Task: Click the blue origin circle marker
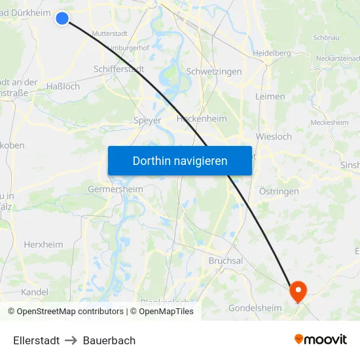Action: tap(62, 18)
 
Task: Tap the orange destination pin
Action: tap(298, 291)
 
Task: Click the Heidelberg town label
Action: tap(272, 53)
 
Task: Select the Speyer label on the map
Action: tap(147, 120)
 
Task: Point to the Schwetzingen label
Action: tap(214, 71)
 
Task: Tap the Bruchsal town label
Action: tap(225, 261)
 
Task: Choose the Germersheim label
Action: tap(115, 189)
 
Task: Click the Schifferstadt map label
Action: tap(119, 68)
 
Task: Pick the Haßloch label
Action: tap(63, 86)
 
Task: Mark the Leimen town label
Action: tap(271, 96)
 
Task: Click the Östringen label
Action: tap(279, 192)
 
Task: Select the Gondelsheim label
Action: tap(255, 308)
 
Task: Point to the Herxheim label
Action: tap(43, 244)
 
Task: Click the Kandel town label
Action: tap(35, 292)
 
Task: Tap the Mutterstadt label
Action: tap(110, 33)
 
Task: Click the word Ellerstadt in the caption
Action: tap(36, 340)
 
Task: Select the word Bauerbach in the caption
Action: tap(109, 340)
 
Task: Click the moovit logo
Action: tap(321, 339)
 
